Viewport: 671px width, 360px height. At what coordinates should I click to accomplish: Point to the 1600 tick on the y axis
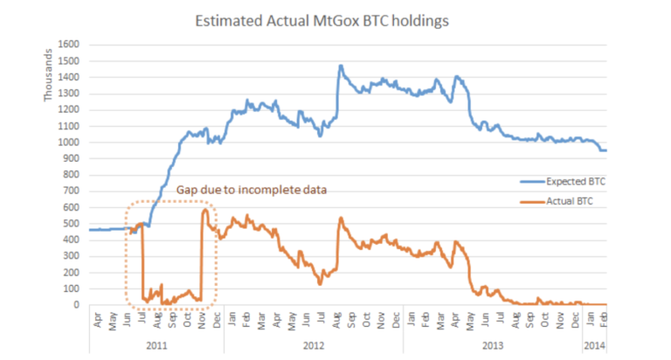69,44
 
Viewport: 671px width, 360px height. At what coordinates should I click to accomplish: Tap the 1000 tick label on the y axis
69,142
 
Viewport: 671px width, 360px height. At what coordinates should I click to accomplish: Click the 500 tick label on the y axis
72,224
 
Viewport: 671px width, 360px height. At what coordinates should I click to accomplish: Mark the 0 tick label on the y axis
77,305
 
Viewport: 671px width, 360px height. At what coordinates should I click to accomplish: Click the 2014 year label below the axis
594,345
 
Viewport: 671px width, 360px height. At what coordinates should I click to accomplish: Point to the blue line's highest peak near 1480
341,65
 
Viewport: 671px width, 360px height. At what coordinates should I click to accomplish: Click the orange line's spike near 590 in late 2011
204,209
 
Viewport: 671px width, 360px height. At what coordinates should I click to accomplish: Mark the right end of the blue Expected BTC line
606,150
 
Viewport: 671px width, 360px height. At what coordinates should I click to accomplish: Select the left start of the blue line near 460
89,230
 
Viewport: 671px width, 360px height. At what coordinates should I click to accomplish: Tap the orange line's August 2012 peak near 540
340,218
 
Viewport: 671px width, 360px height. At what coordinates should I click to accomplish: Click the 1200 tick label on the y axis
69,109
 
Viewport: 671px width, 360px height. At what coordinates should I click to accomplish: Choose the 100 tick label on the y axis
72,289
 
